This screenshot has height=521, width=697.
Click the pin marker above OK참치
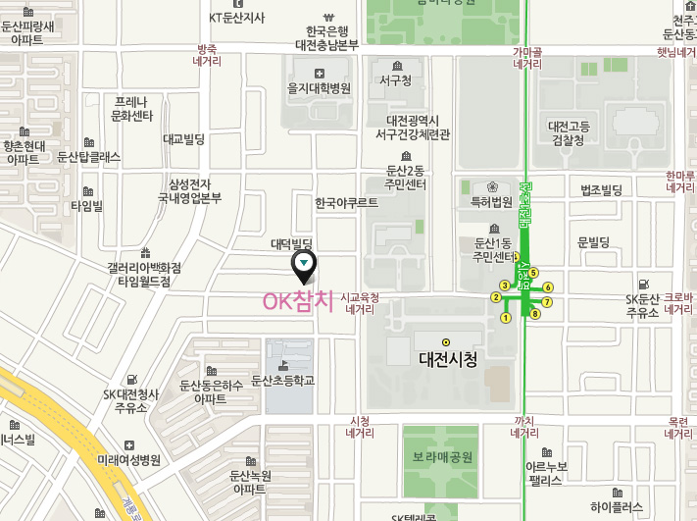306,264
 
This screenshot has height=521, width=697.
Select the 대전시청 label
447,360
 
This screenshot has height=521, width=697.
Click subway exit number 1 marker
506,318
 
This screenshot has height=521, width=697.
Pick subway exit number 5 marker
534,272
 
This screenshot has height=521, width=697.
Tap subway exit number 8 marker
535,314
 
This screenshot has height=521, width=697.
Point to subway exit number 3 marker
504,285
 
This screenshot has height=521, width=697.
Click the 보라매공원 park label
442,457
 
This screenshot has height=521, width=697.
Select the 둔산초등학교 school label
283,380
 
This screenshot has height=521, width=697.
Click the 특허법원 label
492,203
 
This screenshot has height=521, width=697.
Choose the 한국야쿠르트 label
346,204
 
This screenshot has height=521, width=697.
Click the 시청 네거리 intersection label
360,427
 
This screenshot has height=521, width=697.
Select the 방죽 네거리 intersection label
208,54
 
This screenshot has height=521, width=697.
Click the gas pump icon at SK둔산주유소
643,282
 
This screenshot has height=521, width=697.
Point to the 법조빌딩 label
602,189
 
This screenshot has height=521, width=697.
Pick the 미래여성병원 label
128,459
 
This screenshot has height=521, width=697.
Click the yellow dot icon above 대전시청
446,342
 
